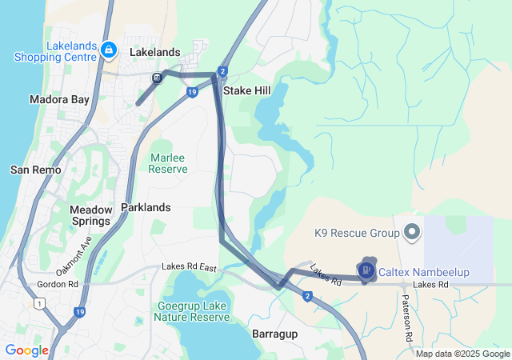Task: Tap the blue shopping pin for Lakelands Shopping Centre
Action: coord(107,51)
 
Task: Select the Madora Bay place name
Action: coord(58,100)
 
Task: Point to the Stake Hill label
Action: coord(246,91)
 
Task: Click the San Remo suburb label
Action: coord(31,170)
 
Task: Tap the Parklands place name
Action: coord(146,207)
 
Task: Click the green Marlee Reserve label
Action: coord(168,163)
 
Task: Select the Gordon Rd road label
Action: coord(58,284)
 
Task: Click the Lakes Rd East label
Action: coord(189,266)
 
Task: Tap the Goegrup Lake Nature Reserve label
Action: coord(194,311)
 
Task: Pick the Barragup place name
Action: coord(275,333)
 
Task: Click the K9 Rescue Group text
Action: coord(357,234)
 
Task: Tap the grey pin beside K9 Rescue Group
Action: coord(413,233)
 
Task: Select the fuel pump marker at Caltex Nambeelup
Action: coord(366,271)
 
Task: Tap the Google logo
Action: coord(27,350)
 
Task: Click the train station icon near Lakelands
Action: coord(158,78)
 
